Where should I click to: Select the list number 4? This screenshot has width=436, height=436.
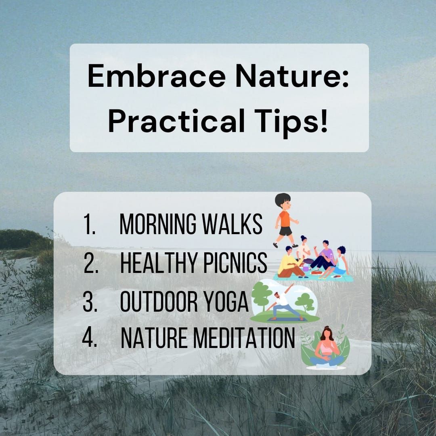point(90,339)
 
